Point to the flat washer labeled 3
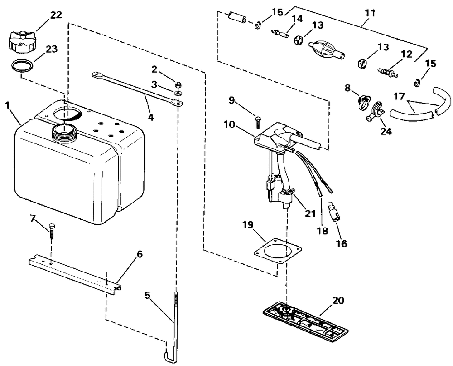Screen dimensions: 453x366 click(x=178, y=93)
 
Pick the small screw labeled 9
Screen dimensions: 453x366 click(x=258, y=122)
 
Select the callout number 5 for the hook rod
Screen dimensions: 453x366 click(x=147, y=295)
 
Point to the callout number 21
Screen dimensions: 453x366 click(x=310, y=213)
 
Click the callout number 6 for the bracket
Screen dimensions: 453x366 click(x=140, y=255)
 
